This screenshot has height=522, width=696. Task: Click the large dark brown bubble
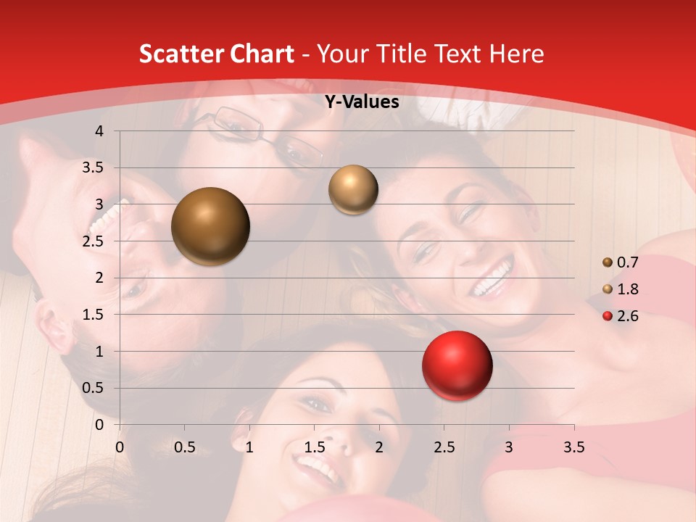click(210, 226)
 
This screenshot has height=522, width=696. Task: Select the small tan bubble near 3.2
click(353, 189)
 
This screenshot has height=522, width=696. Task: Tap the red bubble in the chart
click(457, 365)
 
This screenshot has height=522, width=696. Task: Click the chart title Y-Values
click(362, 102)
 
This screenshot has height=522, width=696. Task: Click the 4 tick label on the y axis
click(99, 131)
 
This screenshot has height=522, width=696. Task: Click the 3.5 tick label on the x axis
click(573, 447)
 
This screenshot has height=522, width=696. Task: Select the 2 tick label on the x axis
click(379, 447)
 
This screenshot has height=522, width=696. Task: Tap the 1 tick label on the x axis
click(249, 447)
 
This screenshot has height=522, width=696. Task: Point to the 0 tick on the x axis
click(120, 447)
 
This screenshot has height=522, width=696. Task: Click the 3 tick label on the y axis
click(99, 204)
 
